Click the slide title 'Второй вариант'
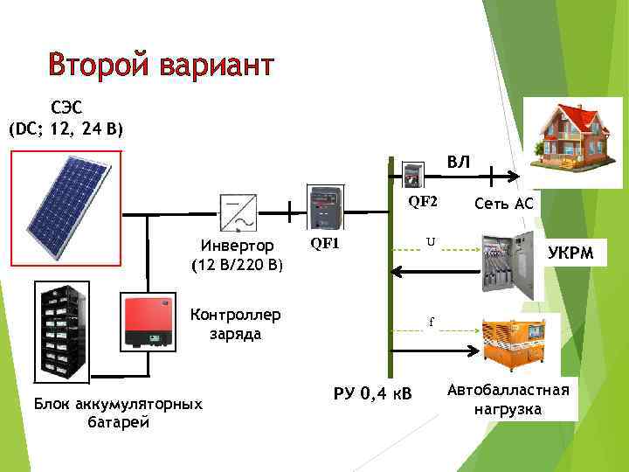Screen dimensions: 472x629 [162, 65]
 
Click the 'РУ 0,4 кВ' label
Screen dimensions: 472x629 [372, 392]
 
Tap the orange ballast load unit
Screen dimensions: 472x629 [513, 341]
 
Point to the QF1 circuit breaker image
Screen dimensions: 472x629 [326, 207]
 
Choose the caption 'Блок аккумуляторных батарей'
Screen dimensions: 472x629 [118, 413]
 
